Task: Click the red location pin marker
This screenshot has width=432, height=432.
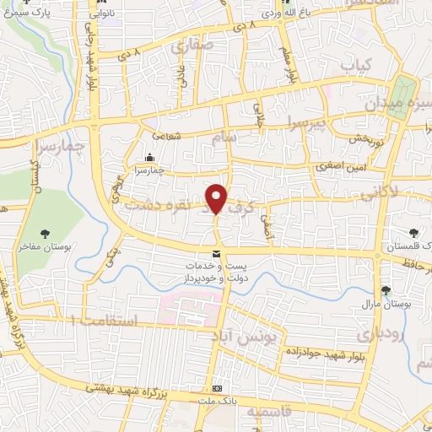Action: tap(217, 198)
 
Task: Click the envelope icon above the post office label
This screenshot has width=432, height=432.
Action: tap(217, 254)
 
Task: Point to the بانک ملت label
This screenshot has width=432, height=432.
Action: tap(218, 398)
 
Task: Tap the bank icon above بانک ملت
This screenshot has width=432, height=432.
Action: tap(218, 387)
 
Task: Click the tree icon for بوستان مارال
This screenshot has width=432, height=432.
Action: tap(386, 289)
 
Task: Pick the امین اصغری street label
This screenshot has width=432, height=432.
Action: tap(337, 167)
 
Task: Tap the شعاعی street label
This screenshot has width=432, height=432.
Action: tap(165, 135)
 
